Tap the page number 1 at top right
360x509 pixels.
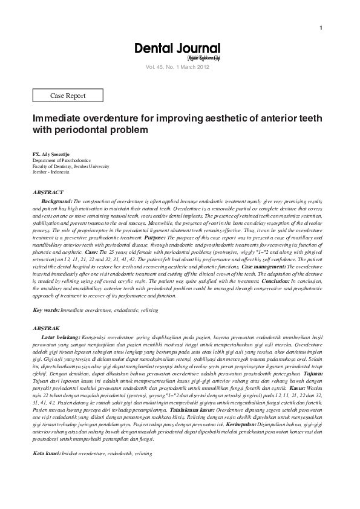[x=320, y=28]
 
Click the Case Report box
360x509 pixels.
[x=67, y=96]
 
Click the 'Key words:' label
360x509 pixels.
[x=45, y=310]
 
